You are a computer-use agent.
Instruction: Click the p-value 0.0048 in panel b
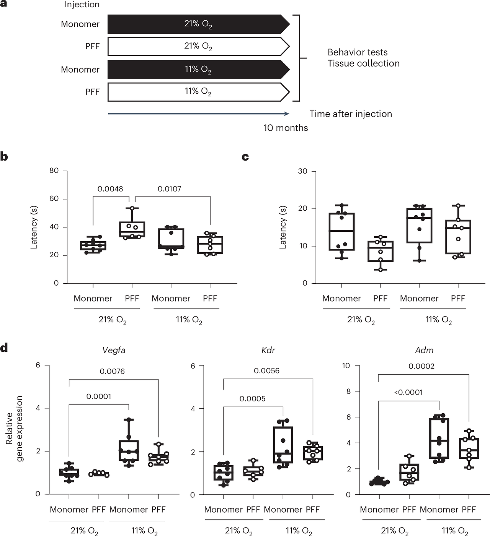[110, 189]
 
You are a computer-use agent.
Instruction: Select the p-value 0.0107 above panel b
[169, 189]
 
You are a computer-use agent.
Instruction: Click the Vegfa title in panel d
[114, 350]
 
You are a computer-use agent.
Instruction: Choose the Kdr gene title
[268, 350]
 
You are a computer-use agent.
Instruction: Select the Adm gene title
[424, 350]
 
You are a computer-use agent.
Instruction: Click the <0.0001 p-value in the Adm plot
[408, 392]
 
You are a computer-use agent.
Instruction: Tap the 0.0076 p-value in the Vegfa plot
[112, 371]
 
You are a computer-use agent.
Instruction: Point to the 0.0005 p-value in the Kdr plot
[252, 399]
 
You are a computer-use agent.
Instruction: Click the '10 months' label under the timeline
[286, 128]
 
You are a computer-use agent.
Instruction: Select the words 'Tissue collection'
[363, 63]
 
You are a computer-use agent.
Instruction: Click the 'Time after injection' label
[351, 114]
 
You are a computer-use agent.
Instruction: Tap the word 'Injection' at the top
[82, 5]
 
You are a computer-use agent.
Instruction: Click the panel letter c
[245, 157]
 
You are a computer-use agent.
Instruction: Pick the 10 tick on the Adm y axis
[346, 365]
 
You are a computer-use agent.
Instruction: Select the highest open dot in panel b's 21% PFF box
[132, 208]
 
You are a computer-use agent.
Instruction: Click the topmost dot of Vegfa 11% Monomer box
[129, 419]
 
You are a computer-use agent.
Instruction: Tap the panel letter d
[4, 348]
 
